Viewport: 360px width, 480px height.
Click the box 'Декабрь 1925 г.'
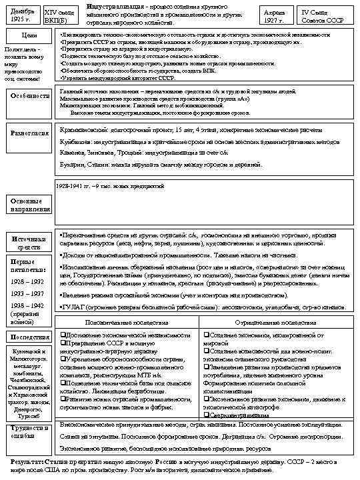click(x=21, y=15)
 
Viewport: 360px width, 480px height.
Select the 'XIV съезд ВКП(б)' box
click(x=59, y=15)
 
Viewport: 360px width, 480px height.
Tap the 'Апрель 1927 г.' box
click(x=274, y=15)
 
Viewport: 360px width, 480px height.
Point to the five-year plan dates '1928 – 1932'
click(x=27, y=281)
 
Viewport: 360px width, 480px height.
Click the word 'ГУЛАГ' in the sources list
click(x=72, y=307)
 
